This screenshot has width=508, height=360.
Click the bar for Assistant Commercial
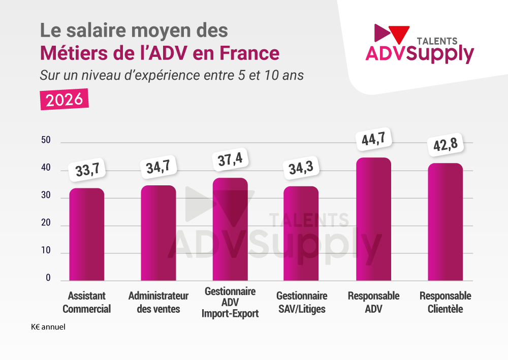coord(87,235)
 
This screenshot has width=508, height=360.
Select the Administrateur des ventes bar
coord(158,233)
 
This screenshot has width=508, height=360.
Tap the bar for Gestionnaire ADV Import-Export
coord(230,230)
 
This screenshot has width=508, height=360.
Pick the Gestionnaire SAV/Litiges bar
coord(301,234)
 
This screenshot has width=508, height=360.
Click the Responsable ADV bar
coord(373,219)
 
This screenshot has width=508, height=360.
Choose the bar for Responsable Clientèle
coord(445,222)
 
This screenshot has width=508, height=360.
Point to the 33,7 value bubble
coord(87,170)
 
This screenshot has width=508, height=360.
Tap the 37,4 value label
coord(230,160)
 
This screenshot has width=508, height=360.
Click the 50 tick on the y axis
coord(46,141)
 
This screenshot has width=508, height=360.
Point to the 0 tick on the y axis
coord(48,278)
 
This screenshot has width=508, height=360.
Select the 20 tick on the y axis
coord(46,223)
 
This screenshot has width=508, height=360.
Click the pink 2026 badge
coord(65,99)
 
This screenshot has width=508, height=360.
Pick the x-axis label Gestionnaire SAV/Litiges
coord(302,302)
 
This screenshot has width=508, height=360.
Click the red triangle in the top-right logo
coord(400,33)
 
